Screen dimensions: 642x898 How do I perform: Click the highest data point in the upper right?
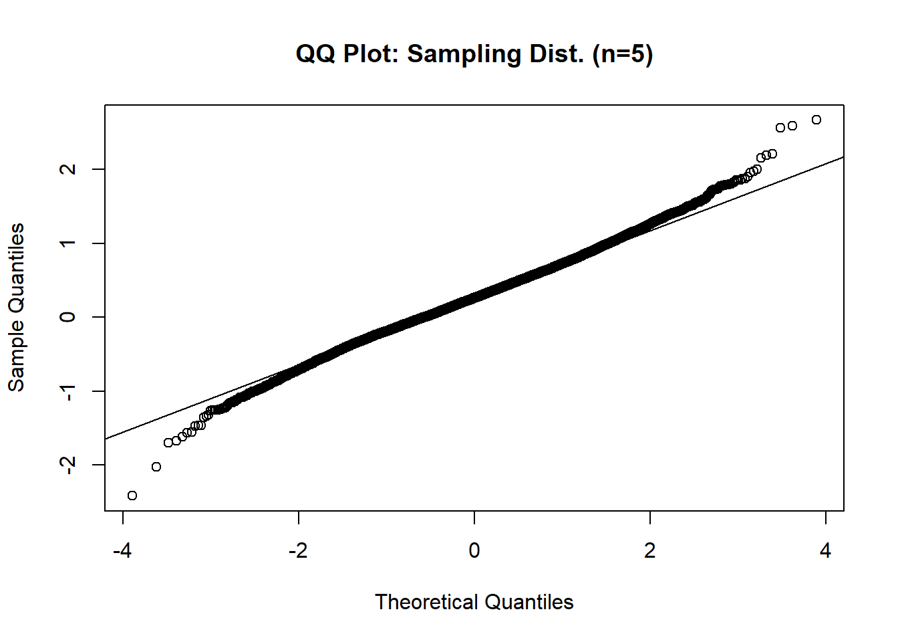pyautogui.click(x=816, y=120)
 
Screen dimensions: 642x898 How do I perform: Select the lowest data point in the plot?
pyautogui.click(x=132, y=496)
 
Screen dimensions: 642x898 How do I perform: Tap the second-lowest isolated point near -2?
pyautogui.click(x=156, y=467)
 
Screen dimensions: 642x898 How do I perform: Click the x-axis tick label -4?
pyautogui.click(x=122, y=551)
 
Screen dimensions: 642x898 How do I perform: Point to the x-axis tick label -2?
pyautogui.click(x=298, y=551)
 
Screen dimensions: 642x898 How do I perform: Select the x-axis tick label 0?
pyautogui.click(x=474, y=551)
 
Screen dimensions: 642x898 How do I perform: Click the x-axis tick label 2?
pyautogui.click(x=650, y=551)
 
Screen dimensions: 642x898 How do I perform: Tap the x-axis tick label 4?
pyautogui.click(x=826, y=551)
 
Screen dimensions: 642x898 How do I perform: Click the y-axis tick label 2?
pyautogui.click(x=67, y=169)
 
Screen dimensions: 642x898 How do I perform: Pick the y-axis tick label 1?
pyautogui.click(x=67, y=243)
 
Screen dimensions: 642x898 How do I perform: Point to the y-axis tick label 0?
pyautogui.click(x=67, y=317)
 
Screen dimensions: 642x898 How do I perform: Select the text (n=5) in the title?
pyautogui.click(x=622, y=54)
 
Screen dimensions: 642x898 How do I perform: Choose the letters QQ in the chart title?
pyautogui.click(x=315, y=54)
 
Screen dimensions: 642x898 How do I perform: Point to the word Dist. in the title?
pyautogui.click(x=557, y=54)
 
